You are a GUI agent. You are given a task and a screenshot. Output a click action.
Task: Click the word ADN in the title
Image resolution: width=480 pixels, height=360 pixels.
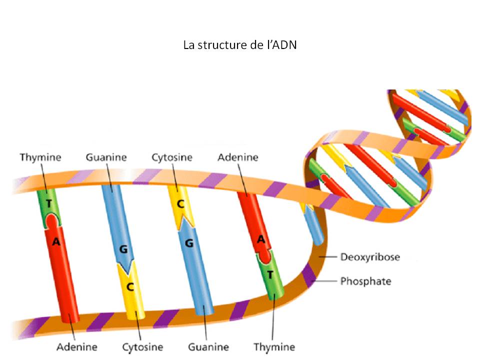pos(286,45)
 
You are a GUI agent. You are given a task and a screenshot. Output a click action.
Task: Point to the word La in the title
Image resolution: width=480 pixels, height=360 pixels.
pos(188,45)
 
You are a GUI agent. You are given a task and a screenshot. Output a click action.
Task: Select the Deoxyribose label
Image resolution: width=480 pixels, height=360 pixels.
pos(370,257)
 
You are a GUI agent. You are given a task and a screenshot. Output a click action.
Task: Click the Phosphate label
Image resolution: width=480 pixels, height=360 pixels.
pos(365,281)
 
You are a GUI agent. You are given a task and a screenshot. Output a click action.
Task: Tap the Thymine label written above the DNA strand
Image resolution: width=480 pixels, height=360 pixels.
pos(40,157)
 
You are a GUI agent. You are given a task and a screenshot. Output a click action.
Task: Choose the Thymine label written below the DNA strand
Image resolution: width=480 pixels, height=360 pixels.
pos(274,346)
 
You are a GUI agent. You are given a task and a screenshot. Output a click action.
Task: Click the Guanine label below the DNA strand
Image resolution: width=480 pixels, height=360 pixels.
pos(208,346)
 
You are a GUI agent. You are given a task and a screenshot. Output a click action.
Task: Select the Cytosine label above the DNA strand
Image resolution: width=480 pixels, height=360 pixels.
pos(172,157)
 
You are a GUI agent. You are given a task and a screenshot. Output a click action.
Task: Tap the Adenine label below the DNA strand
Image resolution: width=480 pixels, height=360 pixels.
pos(76,346)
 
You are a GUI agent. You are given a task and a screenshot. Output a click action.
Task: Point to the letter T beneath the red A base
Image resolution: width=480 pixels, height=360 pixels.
pos(270,274)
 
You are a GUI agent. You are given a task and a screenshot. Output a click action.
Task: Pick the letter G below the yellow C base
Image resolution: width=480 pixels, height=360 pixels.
pos(189,243)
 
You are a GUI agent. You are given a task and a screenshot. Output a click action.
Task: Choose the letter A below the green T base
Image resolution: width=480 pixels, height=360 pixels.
pos(56,242)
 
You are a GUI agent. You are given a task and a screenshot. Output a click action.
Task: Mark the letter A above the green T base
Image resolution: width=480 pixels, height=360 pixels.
pos(260,239)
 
